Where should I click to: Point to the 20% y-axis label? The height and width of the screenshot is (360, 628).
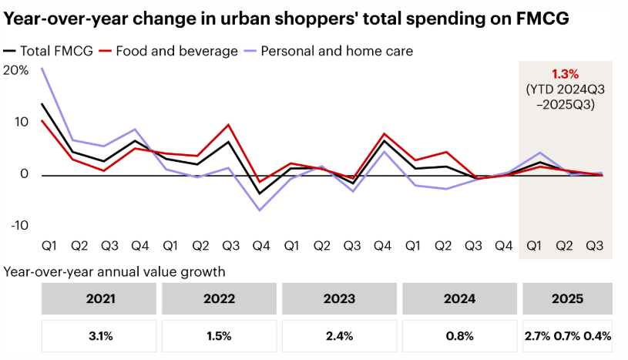click(x=16, y=70)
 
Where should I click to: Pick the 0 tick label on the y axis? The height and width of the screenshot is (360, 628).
click(x=25, y=174)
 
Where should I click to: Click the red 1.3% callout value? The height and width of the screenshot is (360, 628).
click(x=566, y=74)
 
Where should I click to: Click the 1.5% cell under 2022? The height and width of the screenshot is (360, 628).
click(x=219, y=336)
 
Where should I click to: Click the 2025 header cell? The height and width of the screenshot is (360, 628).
click(x=568, y=298)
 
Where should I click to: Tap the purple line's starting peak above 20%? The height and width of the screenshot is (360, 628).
click(x=42, y=68)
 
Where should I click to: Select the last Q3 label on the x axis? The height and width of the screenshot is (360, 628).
click(x=594, y=245)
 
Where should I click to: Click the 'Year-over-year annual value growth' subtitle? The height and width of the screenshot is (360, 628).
click(x=115, y=271)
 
